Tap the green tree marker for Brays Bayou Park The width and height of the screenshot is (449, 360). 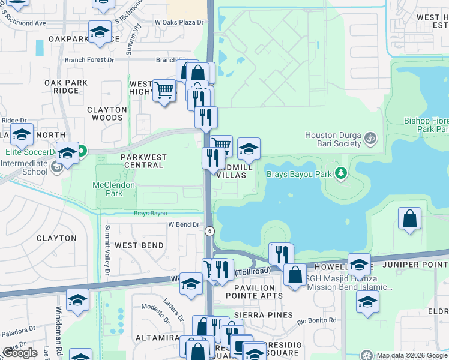click(342, 173)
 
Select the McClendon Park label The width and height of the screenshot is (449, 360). click(114, 190)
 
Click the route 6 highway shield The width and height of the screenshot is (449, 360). click(209, 231)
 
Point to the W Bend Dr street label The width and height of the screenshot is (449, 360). click(183, 224)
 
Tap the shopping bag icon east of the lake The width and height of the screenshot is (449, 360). click(409, 220)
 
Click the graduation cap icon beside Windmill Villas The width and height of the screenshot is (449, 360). click(249, 148)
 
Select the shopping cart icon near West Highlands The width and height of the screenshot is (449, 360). click(164, 91)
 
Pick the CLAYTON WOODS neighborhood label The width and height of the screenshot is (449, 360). click(107, 114)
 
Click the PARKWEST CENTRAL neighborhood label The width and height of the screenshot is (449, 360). click(135, 157)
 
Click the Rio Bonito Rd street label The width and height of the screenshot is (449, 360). click(316, 320)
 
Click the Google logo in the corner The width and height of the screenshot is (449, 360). click(20, 353)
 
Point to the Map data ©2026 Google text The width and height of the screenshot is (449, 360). click(411, 355)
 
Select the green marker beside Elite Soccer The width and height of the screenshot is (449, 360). click(80, 152)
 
